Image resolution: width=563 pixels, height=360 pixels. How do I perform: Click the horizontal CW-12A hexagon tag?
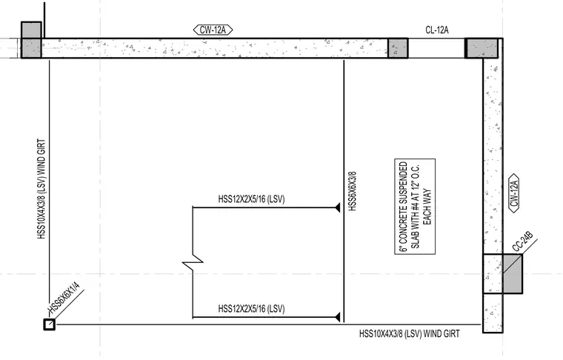click(213, 30)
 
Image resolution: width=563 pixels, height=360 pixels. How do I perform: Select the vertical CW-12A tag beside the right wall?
click(514, 193)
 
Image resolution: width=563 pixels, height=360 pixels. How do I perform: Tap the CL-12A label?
click(437, 30)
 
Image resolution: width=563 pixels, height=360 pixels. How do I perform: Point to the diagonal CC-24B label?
click(522, 242)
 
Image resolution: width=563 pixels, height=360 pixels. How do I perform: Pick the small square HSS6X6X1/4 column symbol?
click(49, 324)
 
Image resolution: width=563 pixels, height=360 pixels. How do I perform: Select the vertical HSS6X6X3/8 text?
click(352, 191)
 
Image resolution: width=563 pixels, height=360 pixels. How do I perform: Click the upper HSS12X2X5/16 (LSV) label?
click(251, 199)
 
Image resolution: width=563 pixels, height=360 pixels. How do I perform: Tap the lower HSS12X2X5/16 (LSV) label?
click(251, 309)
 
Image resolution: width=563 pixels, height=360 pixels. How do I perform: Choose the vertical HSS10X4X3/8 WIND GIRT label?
click(41, 189)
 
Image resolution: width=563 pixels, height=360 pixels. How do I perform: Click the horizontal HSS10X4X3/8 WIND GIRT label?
click(410, 334)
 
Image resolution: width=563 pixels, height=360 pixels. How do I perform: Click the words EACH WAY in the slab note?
click(427, 207)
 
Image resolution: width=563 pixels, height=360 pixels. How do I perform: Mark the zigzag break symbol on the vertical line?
click(193, 262)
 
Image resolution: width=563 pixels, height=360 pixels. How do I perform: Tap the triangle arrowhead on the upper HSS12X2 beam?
click(338, 207)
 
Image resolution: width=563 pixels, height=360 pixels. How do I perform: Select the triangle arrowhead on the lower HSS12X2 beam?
click(338, 317)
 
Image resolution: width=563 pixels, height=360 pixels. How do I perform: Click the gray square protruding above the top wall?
click(31, 30)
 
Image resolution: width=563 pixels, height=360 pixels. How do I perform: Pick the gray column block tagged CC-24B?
click(513, 273)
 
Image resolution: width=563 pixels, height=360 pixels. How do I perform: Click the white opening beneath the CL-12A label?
click(436, 48)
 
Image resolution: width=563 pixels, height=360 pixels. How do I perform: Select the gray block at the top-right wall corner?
click(482, 48)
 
